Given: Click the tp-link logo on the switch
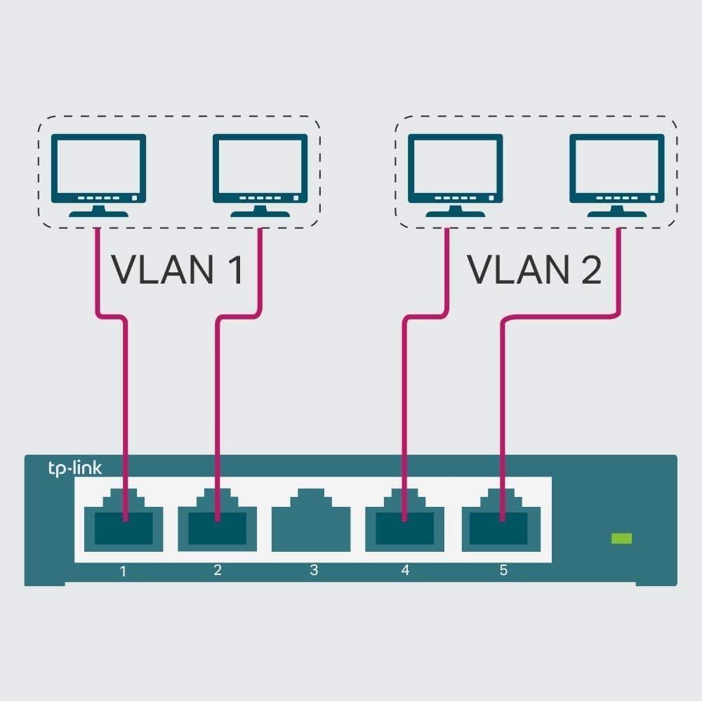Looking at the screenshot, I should [x=74, y=469].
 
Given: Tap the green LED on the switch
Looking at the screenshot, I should [x=621, y=538].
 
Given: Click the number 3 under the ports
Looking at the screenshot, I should [x=314, y=570].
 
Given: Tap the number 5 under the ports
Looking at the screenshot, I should [x=503, y=570].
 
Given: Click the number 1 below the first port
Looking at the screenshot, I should [x=124, y=571].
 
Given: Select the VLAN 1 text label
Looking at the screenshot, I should [x=178, y=270].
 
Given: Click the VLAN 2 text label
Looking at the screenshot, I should [x=534, y=270].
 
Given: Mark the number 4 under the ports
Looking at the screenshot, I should [x=405, y=570].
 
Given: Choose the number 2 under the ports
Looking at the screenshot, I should [x=218, y=570].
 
